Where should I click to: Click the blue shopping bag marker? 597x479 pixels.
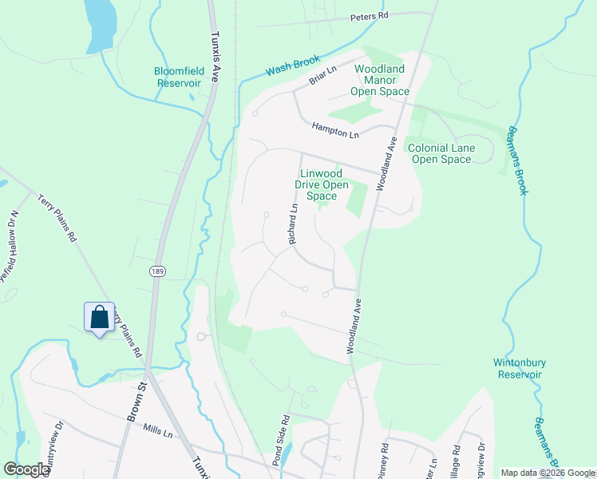click(99, 317)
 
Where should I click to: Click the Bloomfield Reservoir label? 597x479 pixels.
click(178, 77)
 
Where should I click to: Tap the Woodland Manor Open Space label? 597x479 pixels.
click(382, 80)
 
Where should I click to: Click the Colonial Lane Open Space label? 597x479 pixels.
click(441, 153)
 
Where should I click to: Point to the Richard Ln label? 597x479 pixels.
click(293, 224)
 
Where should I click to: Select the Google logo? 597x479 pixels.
click(26, 469)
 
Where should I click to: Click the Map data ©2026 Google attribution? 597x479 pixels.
click(547, 473)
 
